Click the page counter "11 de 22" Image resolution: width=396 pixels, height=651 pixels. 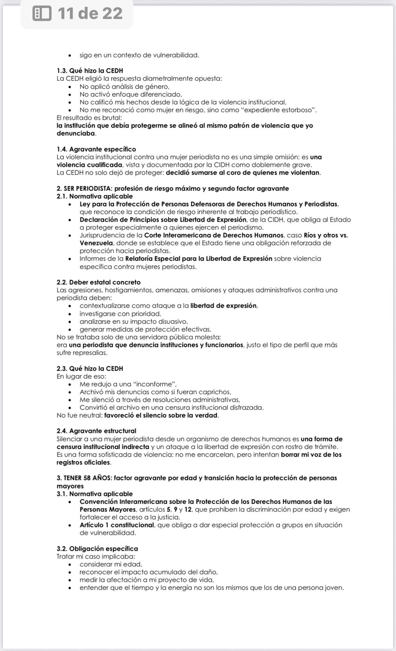pyautogui.click(x=90, y=13)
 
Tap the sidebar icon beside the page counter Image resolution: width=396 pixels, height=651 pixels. pyautogui.click(x=42, y=13)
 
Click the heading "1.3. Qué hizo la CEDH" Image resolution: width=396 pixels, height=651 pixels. pyautogui.click(x=90, y=71)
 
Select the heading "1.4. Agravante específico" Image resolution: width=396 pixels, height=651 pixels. pyautogui.click(x=96, y=149)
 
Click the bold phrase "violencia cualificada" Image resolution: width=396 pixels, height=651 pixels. pyautogui.click(x=89, y=165)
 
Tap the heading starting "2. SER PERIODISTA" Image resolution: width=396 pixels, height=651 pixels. pyautogui.click(x=173, y=188)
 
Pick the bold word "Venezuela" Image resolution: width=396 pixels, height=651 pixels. pyautogui.click(x=96, y=243)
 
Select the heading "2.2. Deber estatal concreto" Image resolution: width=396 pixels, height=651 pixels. pyautogui.click(x=99, y=282)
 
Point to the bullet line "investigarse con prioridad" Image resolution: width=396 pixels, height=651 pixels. pyautogui.click(x=120, y=314)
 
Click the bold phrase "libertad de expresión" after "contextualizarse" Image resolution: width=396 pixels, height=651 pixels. pyautogui.click(x=224, y=306)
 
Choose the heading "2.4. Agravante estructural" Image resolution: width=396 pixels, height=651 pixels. pyautogui.click(x=96, y=431)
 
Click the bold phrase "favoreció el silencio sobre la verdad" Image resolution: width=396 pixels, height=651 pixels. pyautogui.click(x=161, y=415)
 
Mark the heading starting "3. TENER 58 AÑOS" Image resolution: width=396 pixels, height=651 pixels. pyautogui.click(x=197, y=478)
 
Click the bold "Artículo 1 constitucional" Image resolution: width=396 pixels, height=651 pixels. pyautogui.click(x=117, y=525)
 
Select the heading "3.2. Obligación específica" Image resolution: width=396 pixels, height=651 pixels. pyautogui.click(x=97, y=548)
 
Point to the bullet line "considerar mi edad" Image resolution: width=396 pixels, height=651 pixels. pyautogui.click(x=111, y=564)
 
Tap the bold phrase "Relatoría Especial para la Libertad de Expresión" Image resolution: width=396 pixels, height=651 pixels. pyautogui.click(x=199, y=259)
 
